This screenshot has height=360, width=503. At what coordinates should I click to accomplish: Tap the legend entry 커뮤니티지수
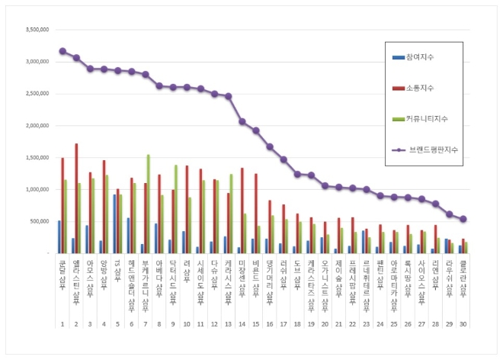pyautogui.click(x=431, y=118)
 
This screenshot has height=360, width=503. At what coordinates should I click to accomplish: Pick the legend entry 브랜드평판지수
pyautogui.click(x=433, y=149)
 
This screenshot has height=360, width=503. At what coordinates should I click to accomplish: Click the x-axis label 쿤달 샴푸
pyautogui.click(x=62, y=275)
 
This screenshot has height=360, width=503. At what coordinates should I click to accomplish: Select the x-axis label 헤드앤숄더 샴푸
pyautogui.click(x=132, y=282)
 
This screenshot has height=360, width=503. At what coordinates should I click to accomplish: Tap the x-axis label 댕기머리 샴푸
pyautogui.click(x=269, y=278)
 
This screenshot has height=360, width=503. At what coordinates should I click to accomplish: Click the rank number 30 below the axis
pyautogui.click(x=463, y=323)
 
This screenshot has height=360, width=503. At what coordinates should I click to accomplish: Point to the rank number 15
pyautogui.click(x=255, y=323)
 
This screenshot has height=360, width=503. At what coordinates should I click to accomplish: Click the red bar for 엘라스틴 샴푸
pyautogui.click(x=76, y=198)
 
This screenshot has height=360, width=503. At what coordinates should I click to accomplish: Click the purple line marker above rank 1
pyautogui.click(x=62, y=51)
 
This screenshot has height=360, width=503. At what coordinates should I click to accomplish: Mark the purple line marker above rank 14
pyautogui.click(x=242, y=121)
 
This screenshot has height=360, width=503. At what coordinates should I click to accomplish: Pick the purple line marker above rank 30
pyautogui.click(x=463, y=219)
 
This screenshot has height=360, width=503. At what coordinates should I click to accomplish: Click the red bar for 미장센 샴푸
pyautogui.click(x=242, y=211)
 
